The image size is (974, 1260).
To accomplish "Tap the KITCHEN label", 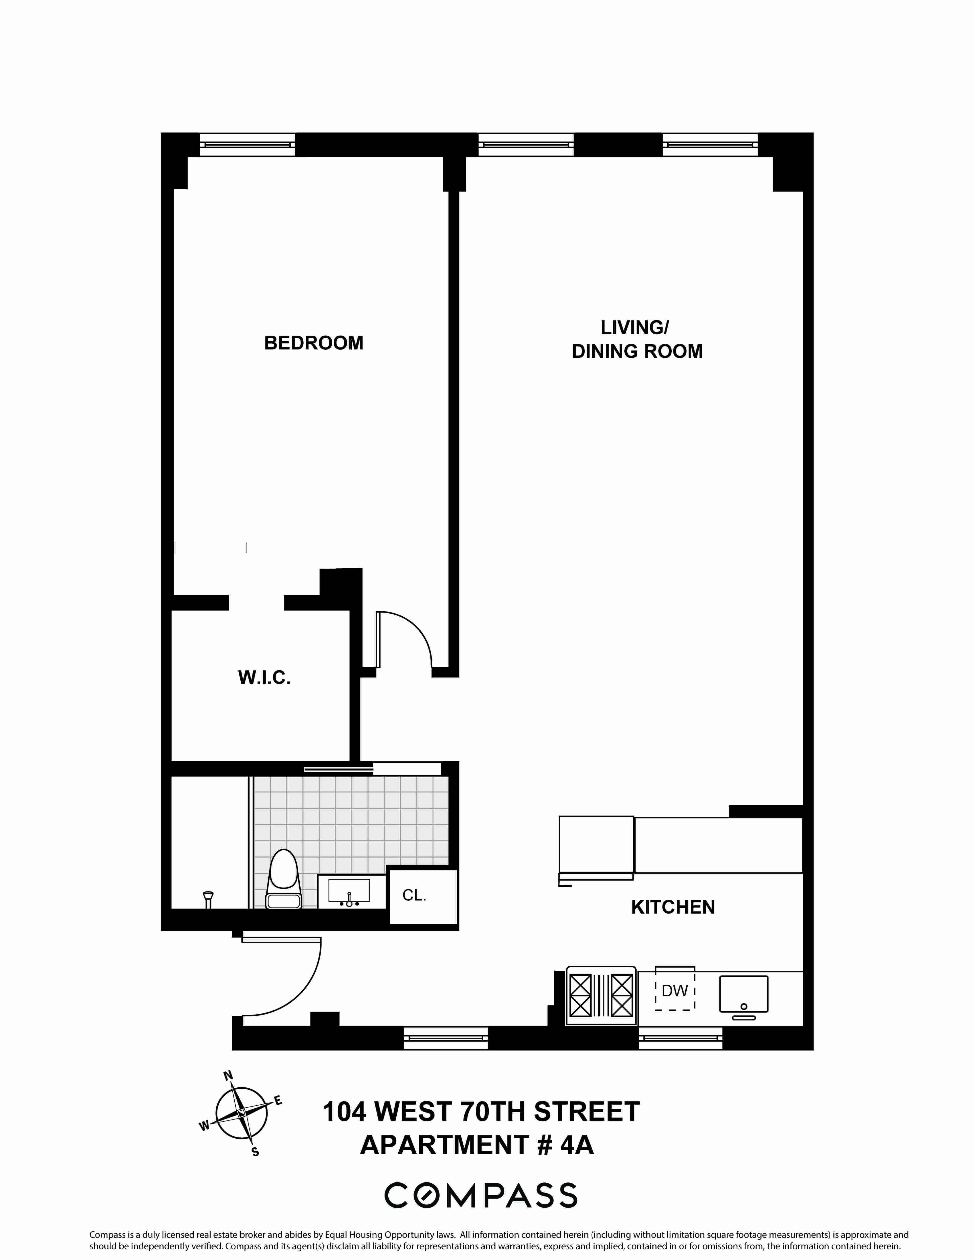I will (x=673, y=907).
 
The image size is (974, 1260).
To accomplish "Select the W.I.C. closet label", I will (x=264, y=677).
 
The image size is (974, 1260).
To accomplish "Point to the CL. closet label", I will (x=414, y=895).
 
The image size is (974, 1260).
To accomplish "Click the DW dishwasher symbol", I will (x=674, y=991).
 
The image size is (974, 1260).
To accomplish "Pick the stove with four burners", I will (x=601, y=995).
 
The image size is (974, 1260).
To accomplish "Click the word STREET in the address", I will (x=587, y=1112).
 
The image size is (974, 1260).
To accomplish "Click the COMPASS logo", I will (x=481, y=1195).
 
